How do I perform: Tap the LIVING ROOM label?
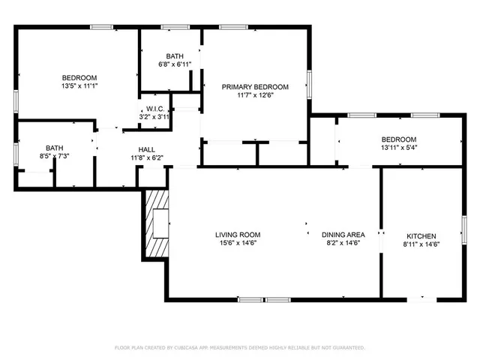coord(239,235)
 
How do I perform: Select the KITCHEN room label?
coord(421,235)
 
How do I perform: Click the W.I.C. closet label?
coord(155,109)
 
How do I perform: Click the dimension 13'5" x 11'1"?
coord(79,86)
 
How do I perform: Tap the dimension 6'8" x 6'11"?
coord(174,64)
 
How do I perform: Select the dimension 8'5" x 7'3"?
coord(55,156)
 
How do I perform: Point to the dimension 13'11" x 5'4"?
coord(398,148)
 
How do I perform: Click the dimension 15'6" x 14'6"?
coord(239,243)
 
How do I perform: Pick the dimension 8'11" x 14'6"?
coord(421,244)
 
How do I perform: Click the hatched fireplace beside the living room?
coord(157,223)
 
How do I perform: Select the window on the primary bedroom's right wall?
coord(309,84)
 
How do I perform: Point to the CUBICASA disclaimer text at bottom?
coord(239,348)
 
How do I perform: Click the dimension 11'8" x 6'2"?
coord(146,157)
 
